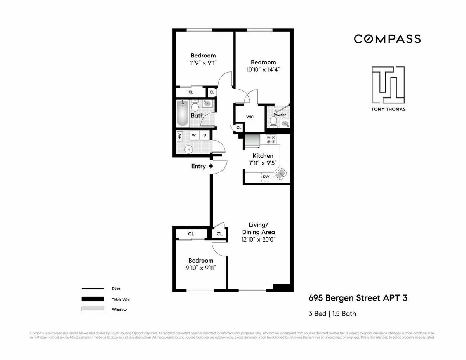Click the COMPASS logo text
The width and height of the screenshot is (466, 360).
(x=387, y=39)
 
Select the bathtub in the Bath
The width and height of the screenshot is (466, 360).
(x=183, y=114)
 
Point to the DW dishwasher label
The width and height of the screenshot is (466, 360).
(x=266, y=177)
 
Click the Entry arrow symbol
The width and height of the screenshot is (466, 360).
(x=211, y=166)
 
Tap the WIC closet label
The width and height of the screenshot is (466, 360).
(x=250, y=117)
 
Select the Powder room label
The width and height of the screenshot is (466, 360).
(x=280, y=115)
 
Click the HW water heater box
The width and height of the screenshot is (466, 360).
(x=179, y=136)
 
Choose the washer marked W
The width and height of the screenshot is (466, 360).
(x=193, y=135)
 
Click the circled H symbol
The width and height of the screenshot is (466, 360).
(x=189, y=150)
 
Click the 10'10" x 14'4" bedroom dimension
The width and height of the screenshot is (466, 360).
(x=263, y=70)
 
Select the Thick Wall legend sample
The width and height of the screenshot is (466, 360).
(x=92, y=299)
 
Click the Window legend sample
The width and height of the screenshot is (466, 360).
(x=92, y=309)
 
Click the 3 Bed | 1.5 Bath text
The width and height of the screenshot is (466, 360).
(x=332, y=313)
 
